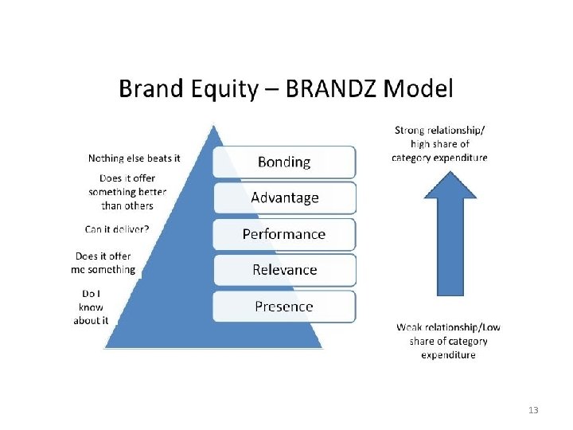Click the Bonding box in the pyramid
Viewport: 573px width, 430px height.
click(284, 162)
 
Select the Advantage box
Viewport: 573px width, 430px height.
click(284, 197)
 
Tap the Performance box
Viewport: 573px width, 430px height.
click(284, 234)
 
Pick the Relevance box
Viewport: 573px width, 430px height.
click(284, 270)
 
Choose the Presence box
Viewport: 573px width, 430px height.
click(284, 307)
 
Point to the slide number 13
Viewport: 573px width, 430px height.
click(533, 410)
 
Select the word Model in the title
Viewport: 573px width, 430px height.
click(419, 88)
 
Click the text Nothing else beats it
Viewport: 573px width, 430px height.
click(134, 158)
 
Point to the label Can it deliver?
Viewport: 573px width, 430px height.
click(117, 229)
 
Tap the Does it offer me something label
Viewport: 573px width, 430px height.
click(103, 263)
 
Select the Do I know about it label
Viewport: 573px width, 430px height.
click(91, 307)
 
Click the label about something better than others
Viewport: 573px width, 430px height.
click(121, 192)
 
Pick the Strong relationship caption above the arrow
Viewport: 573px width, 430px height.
click(439, 143)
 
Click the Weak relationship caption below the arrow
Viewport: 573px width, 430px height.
click(448, 341)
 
